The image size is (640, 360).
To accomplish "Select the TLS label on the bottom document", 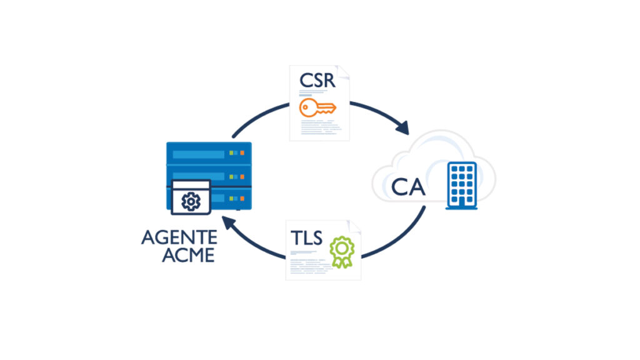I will coord(306,238).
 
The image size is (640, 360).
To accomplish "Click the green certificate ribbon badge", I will coord(341,249).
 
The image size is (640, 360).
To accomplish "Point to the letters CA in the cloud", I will coord(409,185).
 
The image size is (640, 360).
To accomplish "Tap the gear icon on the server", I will coord(190,201).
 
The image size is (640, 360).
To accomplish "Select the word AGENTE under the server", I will coord(179,237).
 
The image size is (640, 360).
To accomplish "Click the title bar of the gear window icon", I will coord(190,185).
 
